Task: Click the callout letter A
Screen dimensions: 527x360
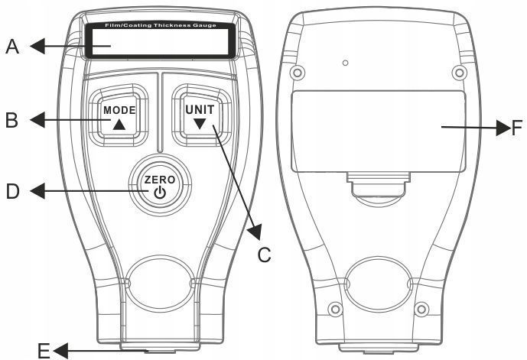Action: [x=12, y=47]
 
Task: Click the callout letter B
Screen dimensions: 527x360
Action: [x=11, y=120]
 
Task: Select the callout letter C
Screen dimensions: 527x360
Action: [x=264, y=255]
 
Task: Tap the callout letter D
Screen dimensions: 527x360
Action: [x=13, y=191]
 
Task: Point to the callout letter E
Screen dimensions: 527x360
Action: [x=44, y=352]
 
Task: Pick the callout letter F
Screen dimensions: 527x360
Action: [x=516, y=128]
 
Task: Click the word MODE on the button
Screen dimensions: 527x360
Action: [x=119, y=110]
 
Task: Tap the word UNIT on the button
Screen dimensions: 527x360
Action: [x=200, y=110]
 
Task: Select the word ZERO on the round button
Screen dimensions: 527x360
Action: [x=160, y=180]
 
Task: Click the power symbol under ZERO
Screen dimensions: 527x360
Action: [x=160, y=193]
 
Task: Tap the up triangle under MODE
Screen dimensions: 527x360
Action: [x=119, y=125]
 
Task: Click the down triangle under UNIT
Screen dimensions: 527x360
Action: [x=200, y=124]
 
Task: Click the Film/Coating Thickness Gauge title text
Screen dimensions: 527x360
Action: [x=161, y=25]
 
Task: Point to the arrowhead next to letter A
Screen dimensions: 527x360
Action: [x=37, y=46]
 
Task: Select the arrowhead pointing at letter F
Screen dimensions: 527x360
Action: [x=503, y=128]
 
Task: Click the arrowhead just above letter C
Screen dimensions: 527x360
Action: [x=255, y=232]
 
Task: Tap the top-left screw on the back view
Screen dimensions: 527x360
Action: [x=297, y=72]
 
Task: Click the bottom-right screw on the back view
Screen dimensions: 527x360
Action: [x=421, y=309]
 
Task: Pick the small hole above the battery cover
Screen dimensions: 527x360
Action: [x=345, y=63]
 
